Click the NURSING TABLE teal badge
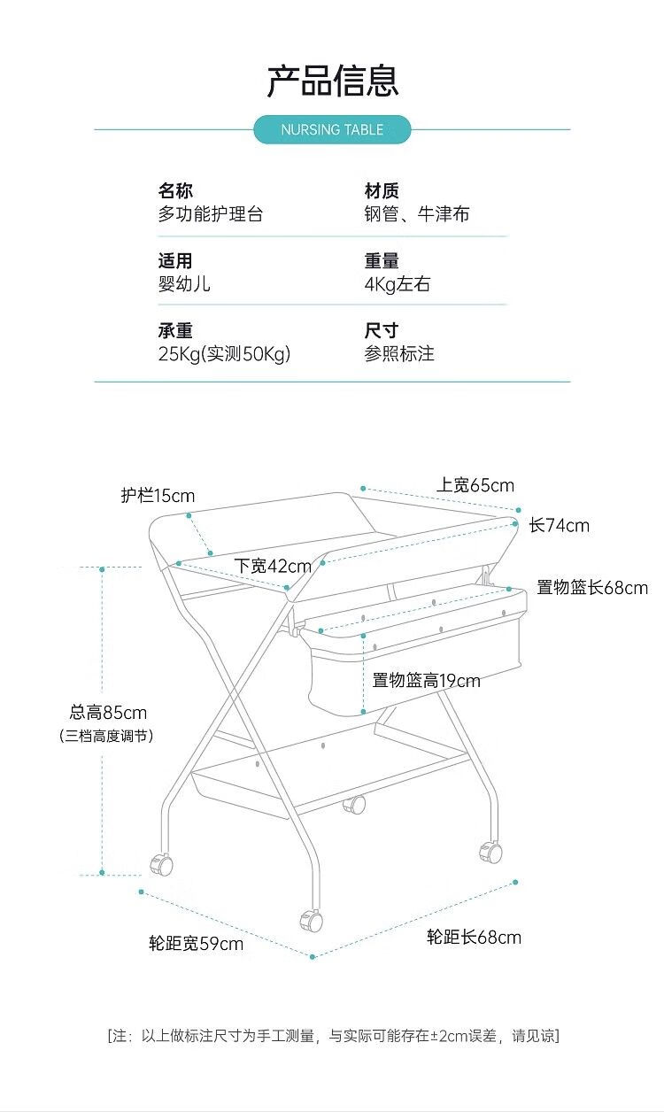point(332,129)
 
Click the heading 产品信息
point(333,81)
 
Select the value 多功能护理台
point(211,214)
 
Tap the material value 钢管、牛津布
point(417,214)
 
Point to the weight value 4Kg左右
point(397,284)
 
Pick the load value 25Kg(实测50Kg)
point(224,354)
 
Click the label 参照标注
point(399,354)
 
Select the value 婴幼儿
point(184,284)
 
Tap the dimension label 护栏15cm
point(158,496)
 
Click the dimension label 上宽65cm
point(475,485)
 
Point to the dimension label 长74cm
point(559,525)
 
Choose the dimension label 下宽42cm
point(273,566)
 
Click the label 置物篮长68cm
point(592,588)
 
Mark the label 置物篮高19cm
point(427,681)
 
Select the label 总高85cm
point(108,713)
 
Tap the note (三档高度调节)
point(106,736)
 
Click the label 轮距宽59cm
point(196,944)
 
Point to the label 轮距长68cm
point(474,938)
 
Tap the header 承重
point(175,330)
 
